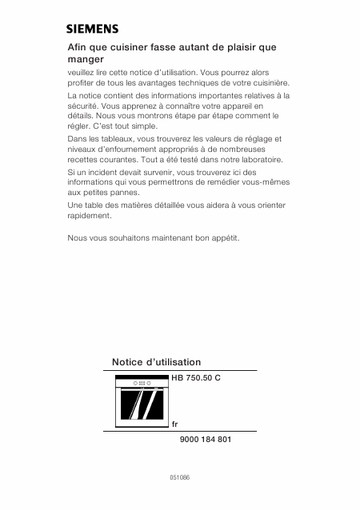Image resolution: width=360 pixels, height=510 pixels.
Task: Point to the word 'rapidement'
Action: [x=89, y=216]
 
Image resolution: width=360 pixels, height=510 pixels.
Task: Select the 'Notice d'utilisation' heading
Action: [x=157, y=362]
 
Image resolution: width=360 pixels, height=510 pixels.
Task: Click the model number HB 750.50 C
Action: [x=196, y=377]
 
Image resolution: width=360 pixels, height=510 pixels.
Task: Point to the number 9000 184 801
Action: [x=202, y=440]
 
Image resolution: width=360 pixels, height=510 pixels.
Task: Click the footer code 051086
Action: [x=179, y=477]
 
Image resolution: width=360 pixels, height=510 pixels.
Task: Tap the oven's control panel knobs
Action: [x=142, y=383]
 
